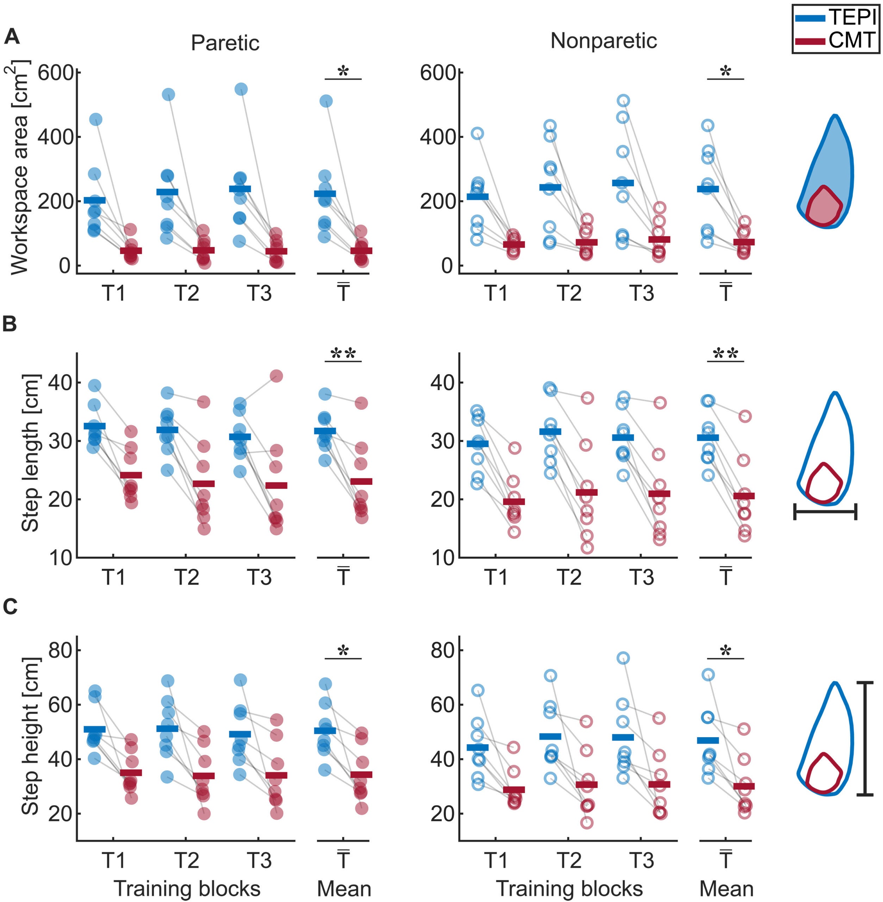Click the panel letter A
[x=12, y=37]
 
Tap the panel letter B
[x=10, y=324]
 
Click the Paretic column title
[x=225, y=43]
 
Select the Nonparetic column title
[x=603, y=41]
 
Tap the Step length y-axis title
[x=30, y=453]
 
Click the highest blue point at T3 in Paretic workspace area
[x=241, y=89]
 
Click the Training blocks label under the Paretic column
[x=187, y=889]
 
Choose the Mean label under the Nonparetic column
[x=726, y=889]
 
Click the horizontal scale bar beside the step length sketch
[x=825, y=512]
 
